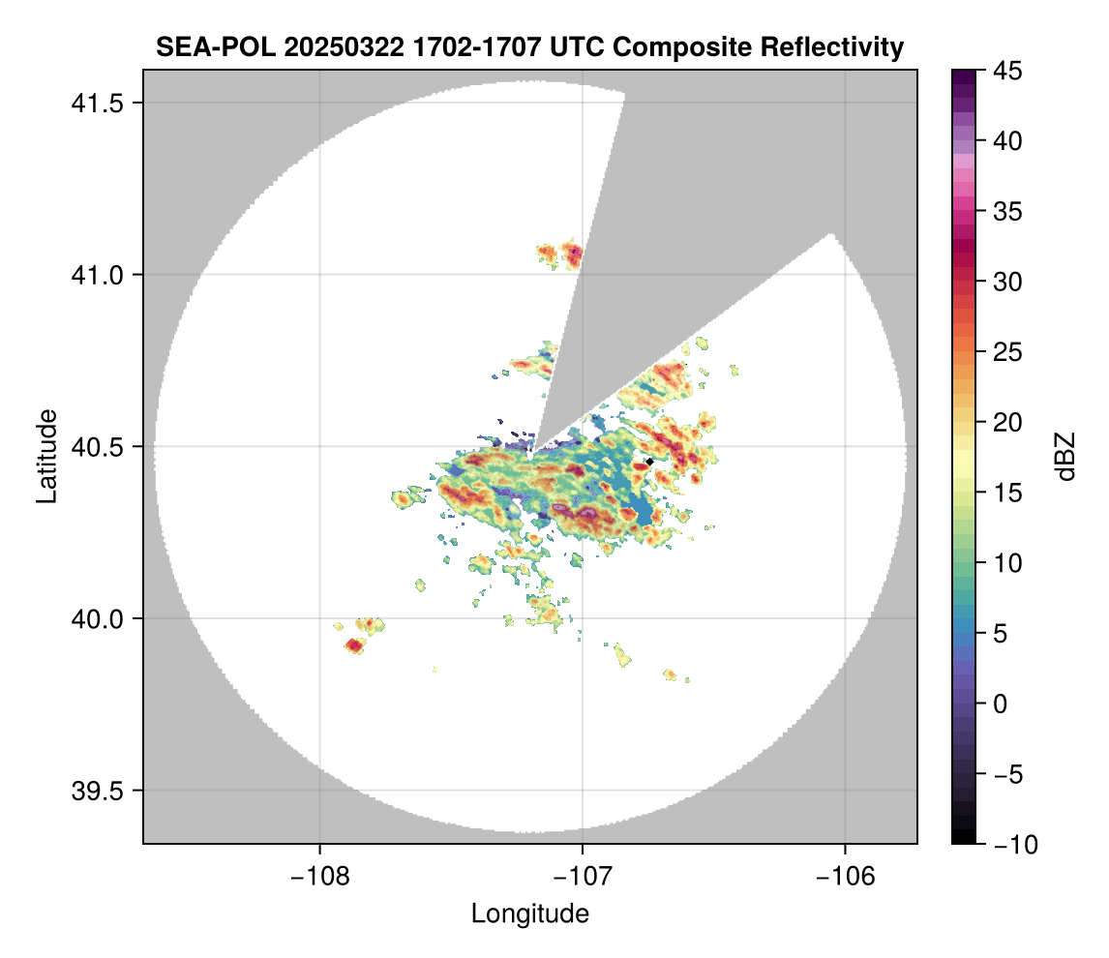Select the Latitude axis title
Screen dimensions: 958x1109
pyautogui.click(x=46, y=456)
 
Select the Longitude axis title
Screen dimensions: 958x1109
pyautogui.click(x=529, y=913)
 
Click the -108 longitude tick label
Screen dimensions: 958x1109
pyautogui.click(x=318, y=877)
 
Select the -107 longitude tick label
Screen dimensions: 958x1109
pyautogui.click(x=582, y=877)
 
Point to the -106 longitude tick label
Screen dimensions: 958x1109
pyautogui.click(x=845, y=877)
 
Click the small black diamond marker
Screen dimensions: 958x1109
pyautogui.click(x=648, y=462)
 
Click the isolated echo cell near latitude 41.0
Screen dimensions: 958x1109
pyautogui.click(x=559, y=254)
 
